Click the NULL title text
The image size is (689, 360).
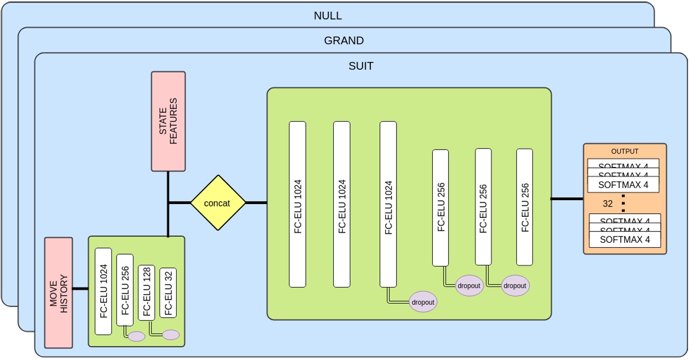click(x=327, y=16)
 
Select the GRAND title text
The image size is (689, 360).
click(x=344, y=41)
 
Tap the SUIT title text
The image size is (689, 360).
click(x=361, y=66)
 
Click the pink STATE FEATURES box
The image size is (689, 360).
click(x=168, y=122)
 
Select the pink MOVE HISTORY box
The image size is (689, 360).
click(x=58, y=293)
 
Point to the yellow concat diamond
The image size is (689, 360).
click(x=217, y=203)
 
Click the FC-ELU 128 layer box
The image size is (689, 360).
click(x=146, y=293)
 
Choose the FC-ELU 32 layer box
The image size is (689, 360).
click(x=168, y=293)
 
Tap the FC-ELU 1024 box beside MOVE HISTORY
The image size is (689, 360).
click(x=104, y=291)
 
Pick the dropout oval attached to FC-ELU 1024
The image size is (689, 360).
click(x=423, y=303)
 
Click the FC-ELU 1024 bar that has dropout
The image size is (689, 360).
click(x=388, y=204)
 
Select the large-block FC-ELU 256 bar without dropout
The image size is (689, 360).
click(x=525, y=207)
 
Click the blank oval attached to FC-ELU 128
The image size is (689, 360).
click(x=171, y=335)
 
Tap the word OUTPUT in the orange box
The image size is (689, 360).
click(x=625, y=152)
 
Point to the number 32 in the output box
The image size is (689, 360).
click(x=608, y=204)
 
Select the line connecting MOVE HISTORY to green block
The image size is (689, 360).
click(x=80, y=289)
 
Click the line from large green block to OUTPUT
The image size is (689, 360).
click(x=567, y=199)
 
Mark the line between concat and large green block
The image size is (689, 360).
click(x=256, y=203)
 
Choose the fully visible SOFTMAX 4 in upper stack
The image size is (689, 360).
click(x=624, y=185)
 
